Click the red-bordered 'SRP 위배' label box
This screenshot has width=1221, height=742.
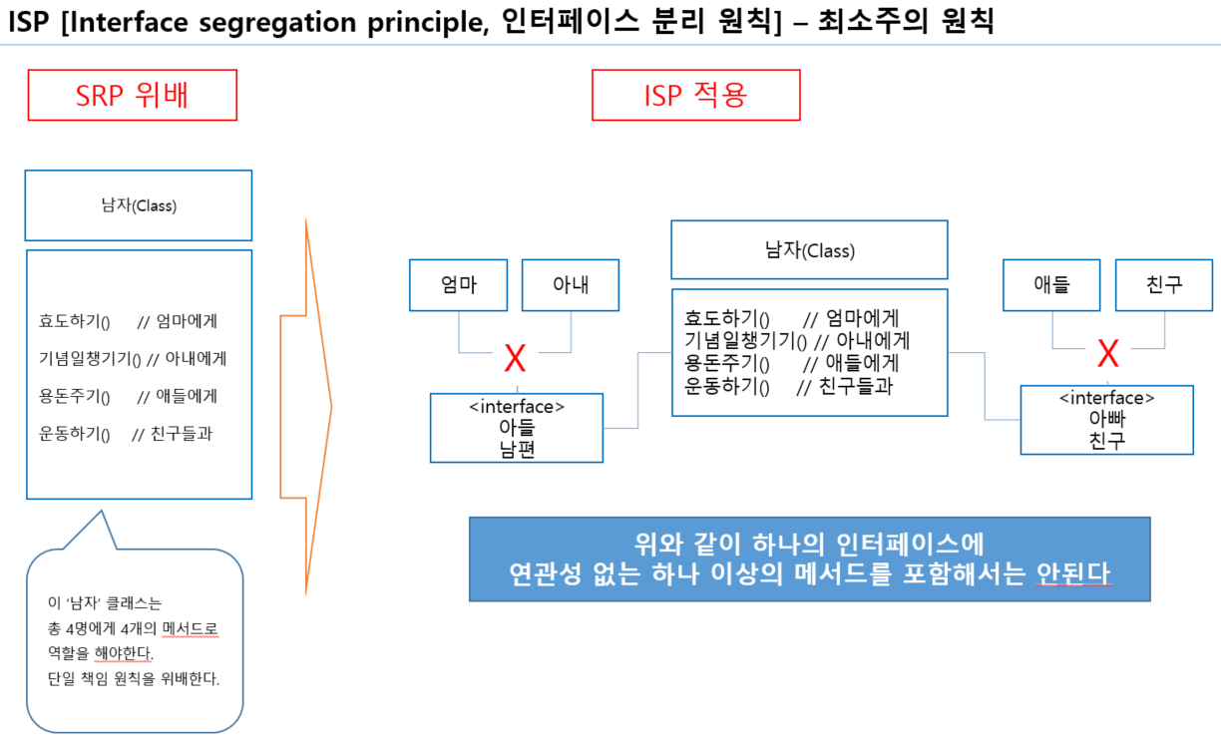coord(132,95)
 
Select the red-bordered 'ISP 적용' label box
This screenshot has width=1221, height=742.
coord(695,95)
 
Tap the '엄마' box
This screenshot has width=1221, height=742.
coord(458,285)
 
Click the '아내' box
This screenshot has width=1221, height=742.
coord(571,285)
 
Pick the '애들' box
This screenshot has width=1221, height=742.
coord(1051,285)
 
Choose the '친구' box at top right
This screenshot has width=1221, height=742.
coord(1164,285)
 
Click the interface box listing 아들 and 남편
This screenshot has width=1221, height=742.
coord(517,428)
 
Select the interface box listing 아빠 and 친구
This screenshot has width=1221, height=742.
coord(1106,420)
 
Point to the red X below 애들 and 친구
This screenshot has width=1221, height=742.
coord(1107,353)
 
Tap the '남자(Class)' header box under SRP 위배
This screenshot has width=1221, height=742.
coord(139,205)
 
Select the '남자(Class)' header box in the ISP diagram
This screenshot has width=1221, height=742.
coord(809,250)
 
